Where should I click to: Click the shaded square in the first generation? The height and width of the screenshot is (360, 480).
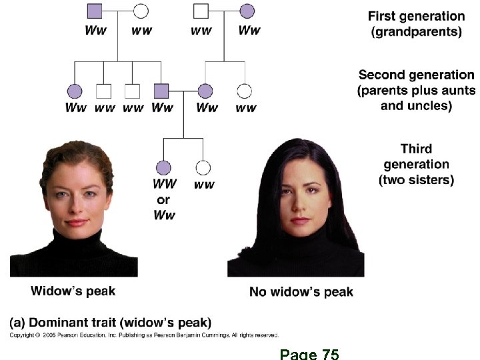click(x=95, y=11)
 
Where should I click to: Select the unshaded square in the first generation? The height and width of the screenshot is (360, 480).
click(x=201, y=11)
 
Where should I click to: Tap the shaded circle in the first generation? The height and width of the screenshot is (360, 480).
click(x=247, y=11)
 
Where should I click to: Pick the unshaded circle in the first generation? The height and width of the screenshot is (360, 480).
click(x=141, y=11)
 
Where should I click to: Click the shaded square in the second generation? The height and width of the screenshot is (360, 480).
click(x=161, y=91)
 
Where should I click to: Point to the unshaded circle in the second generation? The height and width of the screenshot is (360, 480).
click(x=245, y=91)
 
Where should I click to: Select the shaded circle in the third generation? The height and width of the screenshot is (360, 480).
click(x=163, y=167)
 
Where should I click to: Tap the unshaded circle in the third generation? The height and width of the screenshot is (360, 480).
click(x=203, y=167)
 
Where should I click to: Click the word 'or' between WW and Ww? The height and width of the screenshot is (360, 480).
click(x=163, y=199)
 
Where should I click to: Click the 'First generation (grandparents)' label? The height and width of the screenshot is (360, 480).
click(x=417, y=24)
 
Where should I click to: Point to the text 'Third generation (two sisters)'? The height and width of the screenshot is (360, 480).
click(x=417, y=164)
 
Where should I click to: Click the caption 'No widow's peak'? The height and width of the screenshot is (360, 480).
click(x=301, y=291)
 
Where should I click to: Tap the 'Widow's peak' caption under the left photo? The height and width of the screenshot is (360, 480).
click(x=73, y=291)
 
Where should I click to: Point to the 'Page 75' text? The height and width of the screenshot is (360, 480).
click(x=309, y=353)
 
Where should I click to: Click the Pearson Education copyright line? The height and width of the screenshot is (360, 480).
click(x=144, y=335)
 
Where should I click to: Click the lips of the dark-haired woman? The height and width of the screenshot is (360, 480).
click(x=299, y=219)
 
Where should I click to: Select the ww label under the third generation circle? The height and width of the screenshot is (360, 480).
click(x=204, y=185)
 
